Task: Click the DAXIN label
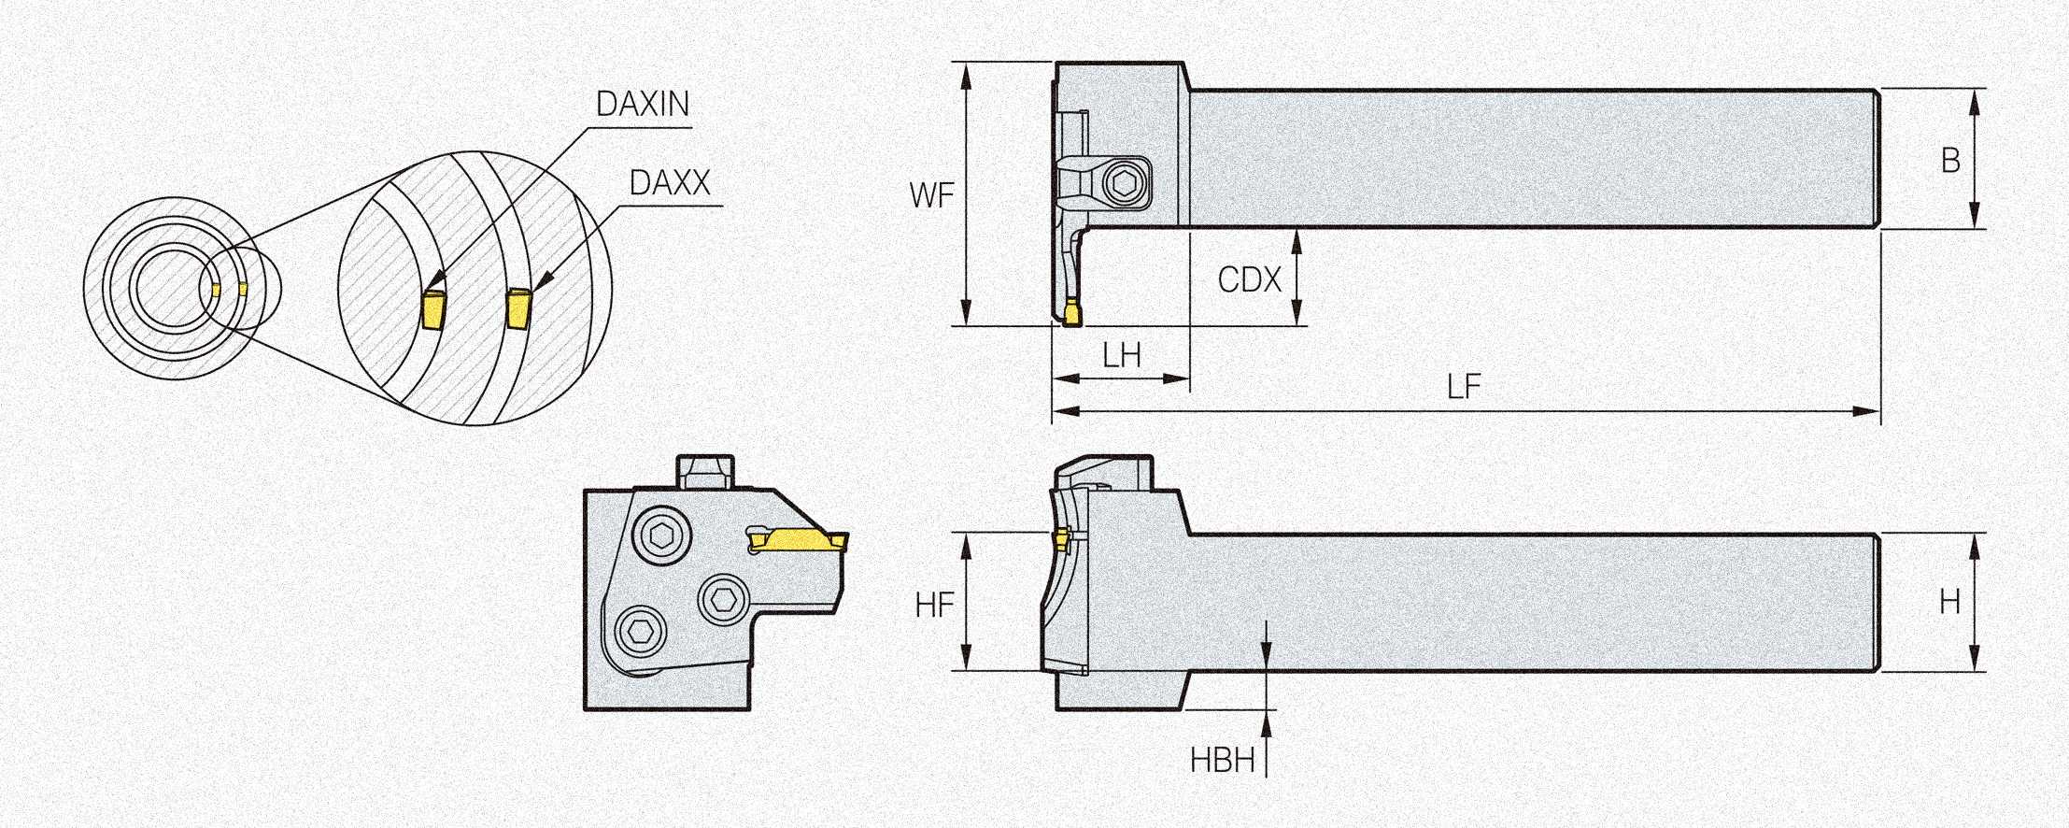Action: (642, 104)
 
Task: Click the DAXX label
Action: (670, 182)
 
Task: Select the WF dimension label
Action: (931, 195)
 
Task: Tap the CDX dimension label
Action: (1249, 278)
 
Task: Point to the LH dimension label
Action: (1121, 355)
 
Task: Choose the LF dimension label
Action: (1464, 387)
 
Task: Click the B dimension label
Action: (1950, 161)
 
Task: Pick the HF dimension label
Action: (934, 606)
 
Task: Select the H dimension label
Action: (1949, 602)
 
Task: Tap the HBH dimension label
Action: (1222, 761)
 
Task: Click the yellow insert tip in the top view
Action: (1071, 313)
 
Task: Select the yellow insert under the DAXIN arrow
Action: (432, 309)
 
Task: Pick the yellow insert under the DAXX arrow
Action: (517, 308)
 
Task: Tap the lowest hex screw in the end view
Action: (641, 633)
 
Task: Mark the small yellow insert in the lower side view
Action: (1061, 538)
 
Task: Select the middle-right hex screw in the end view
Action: (725, 599)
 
